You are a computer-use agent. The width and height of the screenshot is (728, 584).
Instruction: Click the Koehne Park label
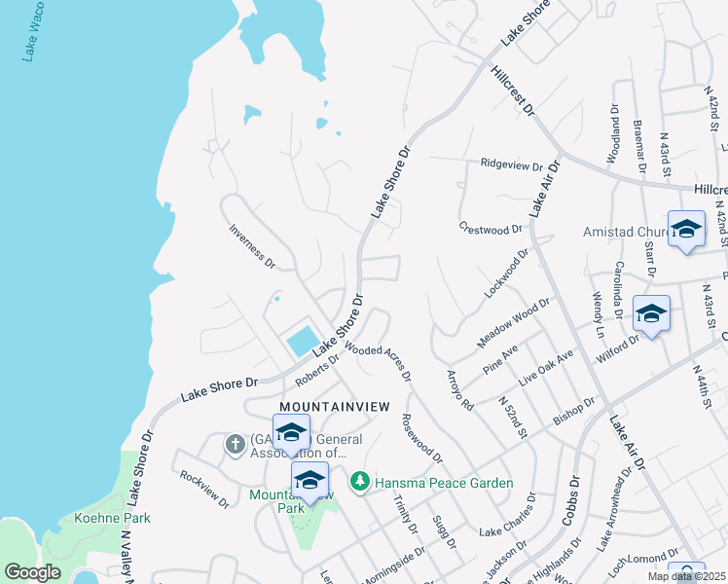click(112, 518)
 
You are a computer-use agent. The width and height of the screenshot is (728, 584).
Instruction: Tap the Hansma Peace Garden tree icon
click(360, 482)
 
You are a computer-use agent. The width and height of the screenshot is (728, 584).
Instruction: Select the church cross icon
click(235, 445)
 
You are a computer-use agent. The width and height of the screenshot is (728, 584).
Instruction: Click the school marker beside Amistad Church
click(686, 230)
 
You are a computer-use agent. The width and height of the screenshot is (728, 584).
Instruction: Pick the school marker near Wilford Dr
click(651, 313)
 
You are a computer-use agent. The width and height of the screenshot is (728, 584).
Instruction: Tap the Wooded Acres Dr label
click(378, 361)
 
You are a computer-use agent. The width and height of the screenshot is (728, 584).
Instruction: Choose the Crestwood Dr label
click(491, 229)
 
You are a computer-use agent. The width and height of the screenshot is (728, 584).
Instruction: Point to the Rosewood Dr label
click(421, 438)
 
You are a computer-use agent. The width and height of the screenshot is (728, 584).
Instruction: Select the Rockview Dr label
click(204, 489)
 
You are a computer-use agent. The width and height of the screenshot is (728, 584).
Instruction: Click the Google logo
click(33, 572)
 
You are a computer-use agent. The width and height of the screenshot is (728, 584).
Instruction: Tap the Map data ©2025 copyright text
click(686, 576)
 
